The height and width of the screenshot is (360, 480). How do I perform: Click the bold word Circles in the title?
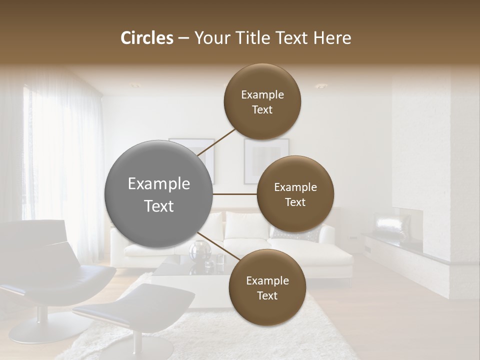click(x=146, y=38)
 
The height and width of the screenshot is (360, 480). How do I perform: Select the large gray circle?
click(x=159, y=194)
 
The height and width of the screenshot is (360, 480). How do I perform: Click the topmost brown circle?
click(x=262, y=101)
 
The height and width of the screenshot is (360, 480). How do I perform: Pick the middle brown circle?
click(x=295, y=194)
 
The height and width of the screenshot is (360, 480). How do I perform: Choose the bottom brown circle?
click(x=267, y=287)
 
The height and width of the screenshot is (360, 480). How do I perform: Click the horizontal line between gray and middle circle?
click(x=235, y=194)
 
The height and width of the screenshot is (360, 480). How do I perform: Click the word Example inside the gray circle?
click(x=159, y=184)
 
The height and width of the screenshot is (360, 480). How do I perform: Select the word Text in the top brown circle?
click(x=262, y=110)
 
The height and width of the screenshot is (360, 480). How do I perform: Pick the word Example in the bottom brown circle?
click(x=267, y=281)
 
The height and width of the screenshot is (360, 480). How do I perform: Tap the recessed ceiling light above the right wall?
click(x=320, y=85)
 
